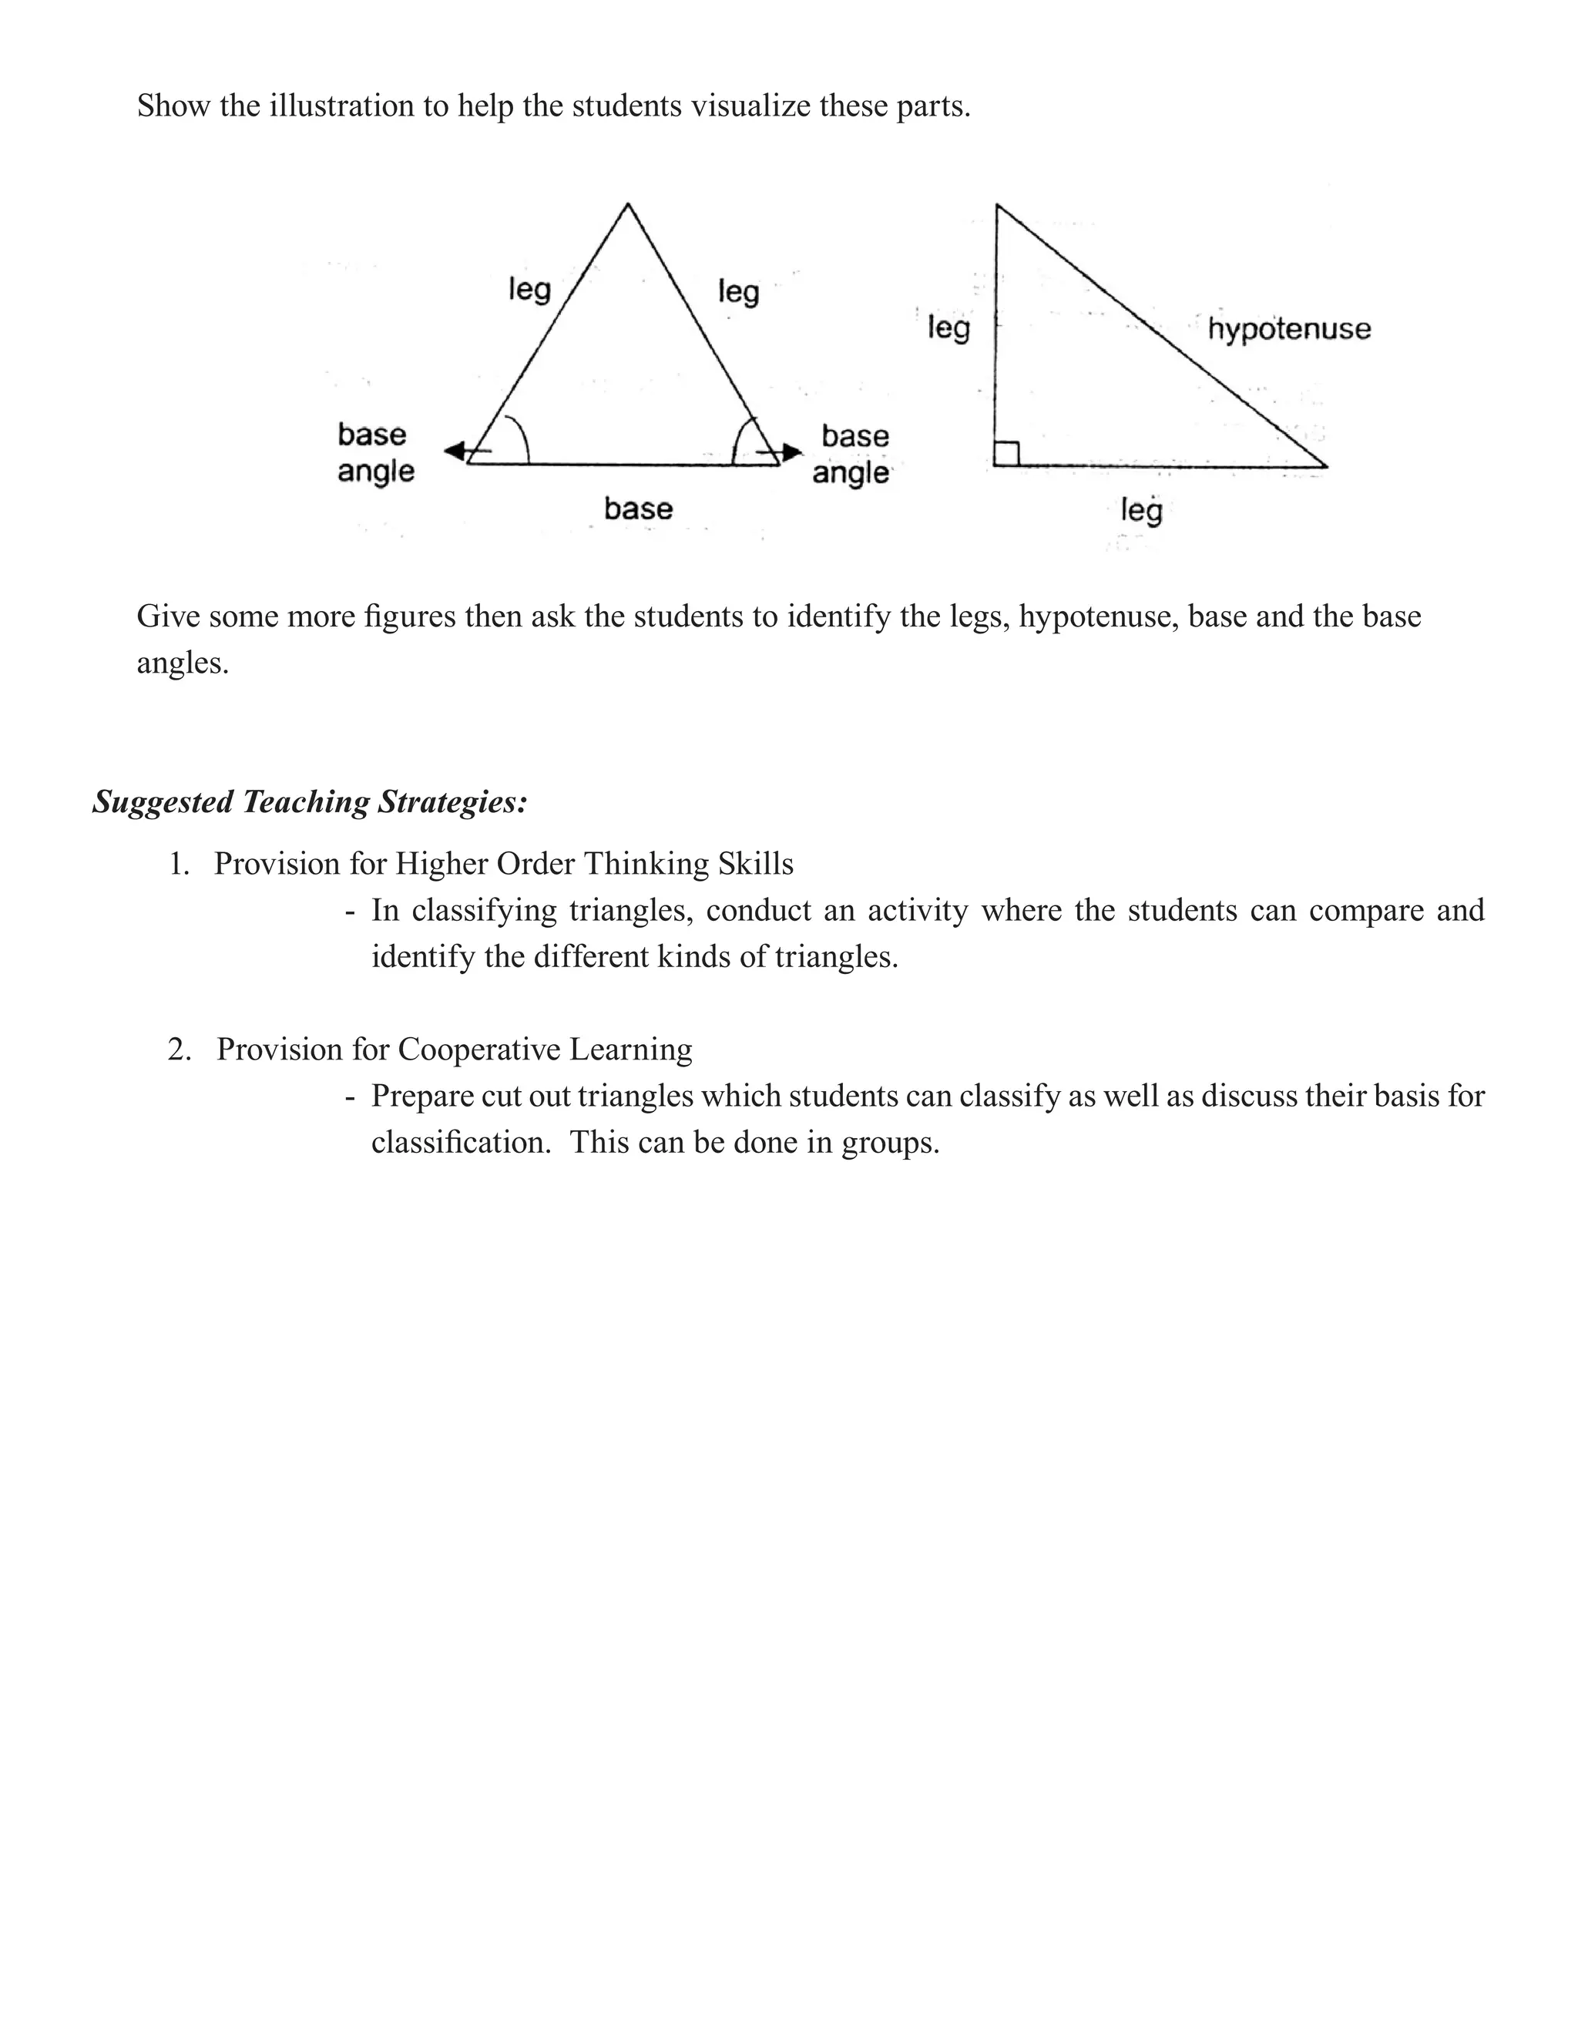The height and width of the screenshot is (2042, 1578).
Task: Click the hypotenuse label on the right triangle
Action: point(1288,329)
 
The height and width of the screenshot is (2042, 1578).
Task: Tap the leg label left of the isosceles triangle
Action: point(529,289)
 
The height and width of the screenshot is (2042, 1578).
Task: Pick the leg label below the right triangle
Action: point(1141,510)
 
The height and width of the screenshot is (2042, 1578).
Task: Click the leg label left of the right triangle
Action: point(948,328)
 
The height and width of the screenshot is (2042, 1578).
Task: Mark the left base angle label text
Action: point(375,452)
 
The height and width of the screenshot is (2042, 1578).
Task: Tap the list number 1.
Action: point(178,864)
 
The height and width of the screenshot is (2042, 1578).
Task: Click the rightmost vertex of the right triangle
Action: point(1325,465)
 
